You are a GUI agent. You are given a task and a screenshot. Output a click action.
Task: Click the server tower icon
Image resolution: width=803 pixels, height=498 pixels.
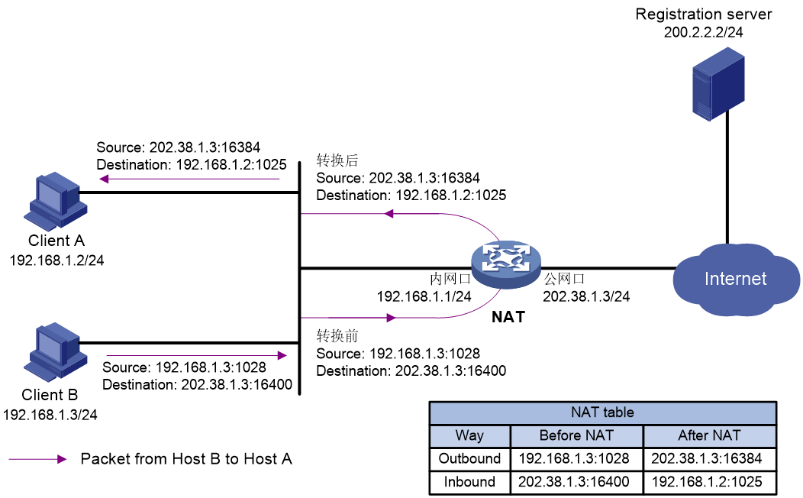tap(718, 83)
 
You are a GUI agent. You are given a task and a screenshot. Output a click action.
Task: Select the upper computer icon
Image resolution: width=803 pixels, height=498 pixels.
tap(55, 201)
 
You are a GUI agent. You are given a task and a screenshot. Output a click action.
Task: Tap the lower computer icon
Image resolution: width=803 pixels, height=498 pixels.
tap(55, 352)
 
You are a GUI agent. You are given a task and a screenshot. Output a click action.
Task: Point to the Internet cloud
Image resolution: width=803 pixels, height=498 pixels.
tap(735, 280)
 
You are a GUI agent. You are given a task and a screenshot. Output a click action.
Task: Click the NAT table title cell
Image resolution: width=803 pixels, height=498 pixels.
tap(602, 413)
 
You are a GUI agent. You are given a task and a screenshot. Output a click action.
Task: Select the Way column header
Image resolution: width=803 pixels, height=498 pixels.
tap(469, 436)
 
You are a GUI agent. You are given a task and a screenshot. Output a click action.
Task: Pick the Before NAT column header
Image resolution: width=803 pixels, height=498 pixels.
tap(576, 436)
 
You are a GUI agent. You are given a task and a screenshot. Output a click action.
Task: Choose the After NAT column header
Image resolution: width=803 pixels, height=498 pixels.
tap(709, 436)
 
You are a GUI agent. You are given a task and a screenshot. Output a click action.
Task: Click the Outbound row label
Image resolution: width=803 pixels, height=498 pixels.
tap(469, 459)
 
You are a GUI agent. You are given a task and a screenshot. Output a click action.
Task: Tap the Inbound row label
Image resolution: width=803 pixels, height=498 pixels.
tap(469, 482)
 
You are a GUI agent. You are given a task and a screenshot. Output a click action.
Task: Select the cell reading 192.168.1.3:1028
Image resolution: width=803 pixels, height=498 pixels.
tap(576, 459)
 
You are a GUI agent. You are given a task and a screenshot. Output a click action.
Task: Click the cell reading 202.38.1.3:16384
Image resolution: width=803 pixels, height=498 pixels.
tap(709, 459)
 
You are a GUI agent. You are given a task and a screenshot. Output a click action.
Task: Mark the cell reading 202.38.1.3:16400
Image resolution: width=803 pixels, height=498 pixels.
tap(576, 482)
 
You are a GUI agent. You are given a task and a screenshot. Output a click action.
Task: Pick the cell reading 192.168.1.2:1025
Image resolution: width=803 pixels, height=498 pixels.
tap(709, 482)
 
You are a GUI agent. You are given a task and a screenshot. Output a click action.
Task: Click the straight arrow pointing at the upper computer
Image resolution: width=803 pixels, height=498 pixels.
tap(190, 179)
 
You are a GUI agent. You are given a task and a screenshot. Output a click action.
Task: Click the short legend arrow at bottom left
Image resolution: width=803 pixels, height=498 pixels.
tap(37, 459)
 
